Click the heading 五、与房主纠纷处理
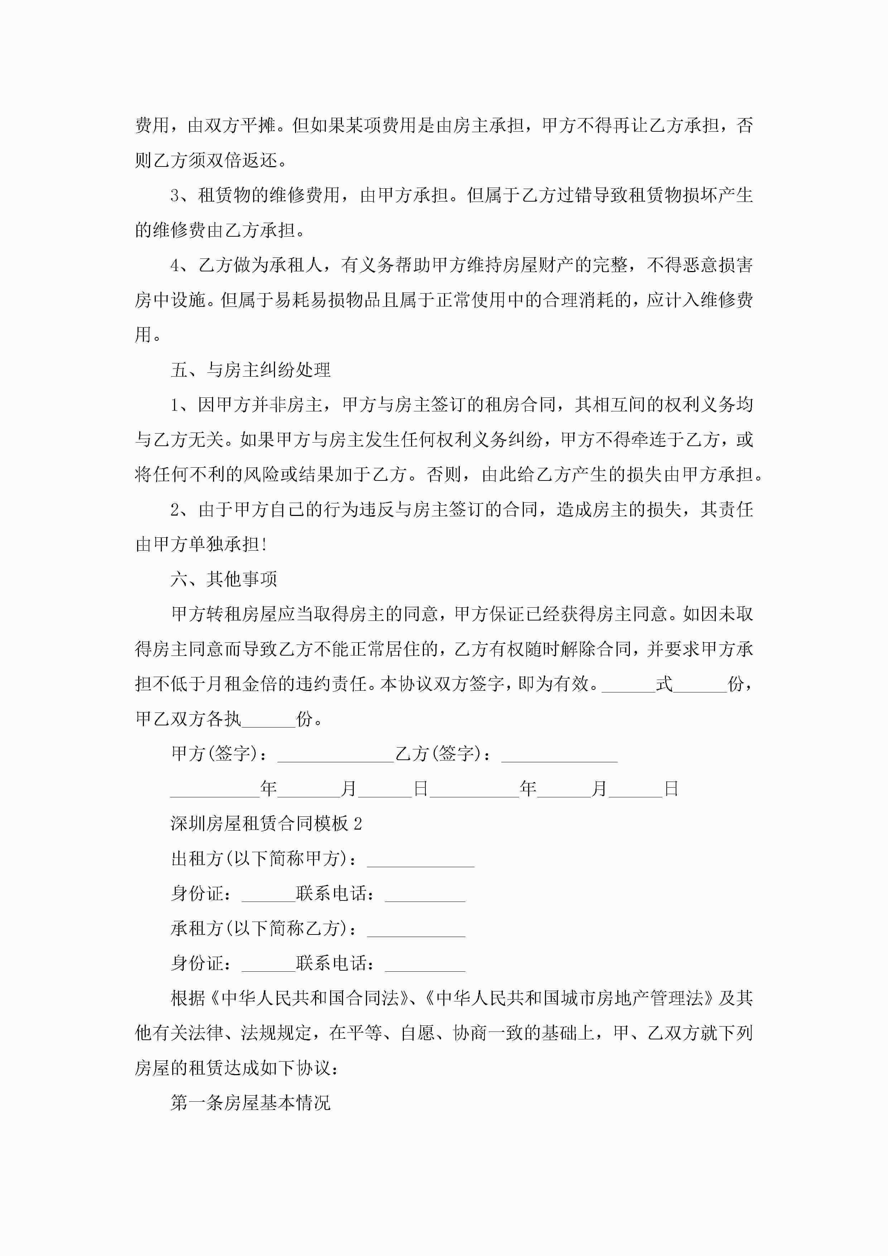click(x=251, y=370)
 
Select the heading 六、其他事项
click(x=224, y=579)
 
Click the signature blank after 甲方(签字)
click(x=336, y=754)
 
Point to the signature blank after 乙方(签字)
click(x=559, y=754)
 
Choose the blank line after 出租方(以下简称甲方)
click(x=420, y=859)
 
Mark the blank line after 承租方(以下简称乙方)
click(x=416, y=929)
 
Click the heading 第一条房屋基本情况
click(x=251, y=1103)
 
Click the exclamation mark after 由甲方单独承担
click(x=264, y=544)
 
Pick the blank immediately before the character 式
click(x=628, y=684)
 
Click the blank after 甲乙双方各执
click(x=268, y=719)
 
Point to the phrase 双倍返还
click(x=242, y=160)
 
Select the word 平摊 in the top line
click(x=258, y=125)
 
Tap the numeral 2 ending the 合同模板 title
click(x=358, y=823)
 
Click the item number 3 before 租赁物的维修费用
click(x=175, y=195)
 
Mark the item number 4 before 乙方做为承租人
click(x=175, y=265)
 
